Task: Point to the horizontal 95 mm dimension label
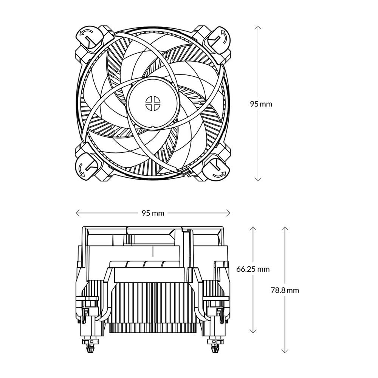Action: click(x=153, y=213)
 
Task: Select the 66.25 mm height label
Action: click(x=253, y=270)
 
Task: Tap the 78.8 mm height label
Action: click(x=285, y=290)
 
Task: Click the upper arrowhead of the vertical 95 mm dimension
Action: click(x=258, y=27)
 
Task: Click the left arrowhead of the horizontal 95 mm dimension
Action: click(x=77, y=213)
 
